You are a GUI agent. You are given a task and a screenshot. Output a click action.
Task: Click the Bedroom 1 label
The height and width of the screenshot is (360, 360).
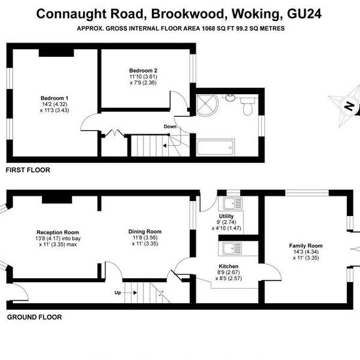click(54, 98)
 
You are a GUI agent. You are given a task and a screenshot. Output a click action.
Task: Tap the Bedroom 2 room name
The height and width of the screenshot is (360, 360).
click(143, 71)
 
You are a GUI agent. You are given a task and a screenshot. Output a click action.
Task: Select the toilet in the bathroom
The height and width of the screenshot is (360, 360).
click(247, 106)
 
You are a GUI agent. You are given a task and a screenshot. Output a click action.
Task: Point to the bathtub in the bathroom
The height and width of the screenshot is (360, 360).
click(215, 147)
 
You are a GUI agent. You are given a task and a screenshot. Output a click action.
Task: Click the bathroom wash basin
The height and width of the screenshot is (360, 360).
click(230, 98)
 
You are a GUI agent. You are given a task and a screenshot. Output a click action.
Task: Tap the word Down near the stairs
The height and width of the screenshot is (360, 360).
click(170, 126)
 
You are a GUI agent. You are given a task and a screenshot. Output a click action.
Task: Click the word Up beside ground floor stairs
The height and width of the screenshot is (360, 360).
click(118, 293)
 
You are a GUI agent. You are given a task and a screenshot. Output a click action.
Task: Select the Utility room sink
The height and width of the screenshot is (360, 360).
click(233, 204)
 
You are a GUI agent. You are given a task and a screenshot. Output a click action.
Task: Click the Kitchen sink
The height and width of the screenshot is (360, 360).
click(232, 249)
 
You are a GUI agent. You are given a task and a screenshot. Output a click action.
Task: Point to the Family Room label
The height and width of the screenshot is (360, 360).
click(306, 245)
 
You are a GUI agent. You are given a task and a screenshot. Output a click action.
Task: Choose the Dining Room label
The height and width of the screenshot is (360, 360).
click(145, 232)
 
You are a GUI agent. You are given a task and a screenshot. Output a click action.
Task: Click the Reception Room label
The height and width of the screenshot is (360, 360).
click(58, 232)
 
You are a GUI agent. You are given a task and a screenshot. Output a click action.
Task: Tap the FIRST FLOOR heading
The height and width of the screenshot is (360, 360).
click(27, 170)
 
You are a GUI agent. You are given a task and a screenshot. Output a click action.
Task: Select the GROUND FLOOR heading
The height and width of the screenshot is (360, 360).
click(35, 317)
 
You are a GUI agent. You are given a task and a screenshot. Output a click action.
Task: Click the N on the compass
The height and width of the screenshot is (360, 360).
click(350, 106)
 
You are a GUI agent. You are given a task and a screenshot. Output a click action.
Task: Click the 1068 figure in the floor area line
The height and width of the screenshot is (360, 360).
click(208, 28)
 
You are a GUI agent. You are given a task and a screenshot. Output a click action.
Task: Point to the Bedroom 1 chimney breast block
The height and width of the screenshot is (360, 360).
click(56, 53)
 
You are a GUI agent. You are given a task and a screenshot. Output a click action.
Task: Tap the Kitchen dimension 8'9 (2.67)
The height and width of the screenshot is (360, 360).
click(228, 272)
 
